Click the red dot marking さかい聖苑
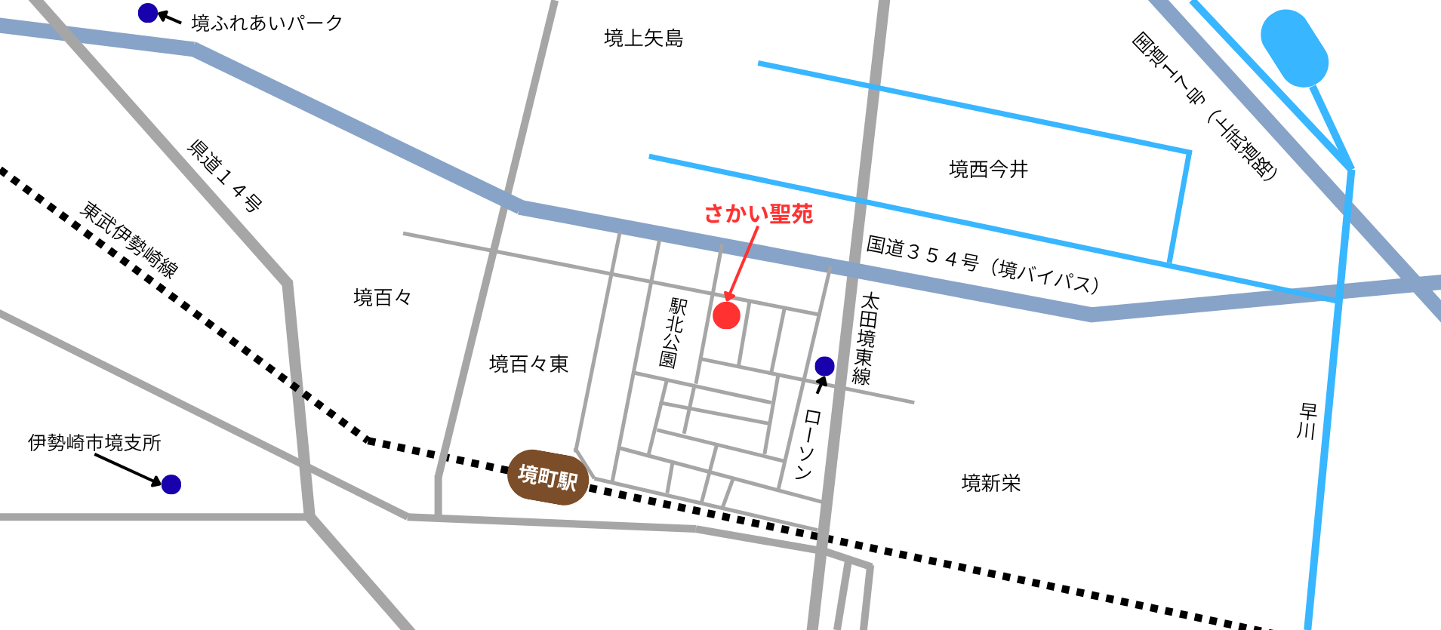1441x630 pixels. pos(726,315)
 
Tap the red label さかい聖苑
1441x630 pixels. pos(758,214)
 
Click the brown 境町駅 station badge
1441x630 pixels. pos(548,477)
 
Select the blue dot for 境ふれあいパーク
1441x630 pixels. pos(148,13)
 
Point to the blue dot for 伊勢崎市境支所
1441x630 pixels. pos(171,484)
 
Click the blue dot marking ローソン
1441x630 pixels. pos(824,367)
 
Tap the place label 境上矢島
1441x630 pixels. pos(643,38)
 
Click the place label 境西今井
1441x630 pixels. pos(988,170)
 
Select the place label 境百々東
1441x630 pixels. pos(528,364)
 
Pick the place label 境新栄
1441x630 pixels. pos(990,483)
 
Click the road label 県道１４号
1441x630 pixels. pos(225,175)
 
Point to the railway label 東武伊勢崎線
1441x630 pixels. pos(129,240)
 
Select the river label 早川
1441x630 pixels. pos(1307,421)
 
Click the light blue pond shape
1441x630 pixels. pos(1294,48)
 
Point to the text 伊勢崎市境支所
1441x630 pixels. pos(94,443)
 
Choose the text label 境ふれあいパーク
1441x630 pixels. pos(267,23)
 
